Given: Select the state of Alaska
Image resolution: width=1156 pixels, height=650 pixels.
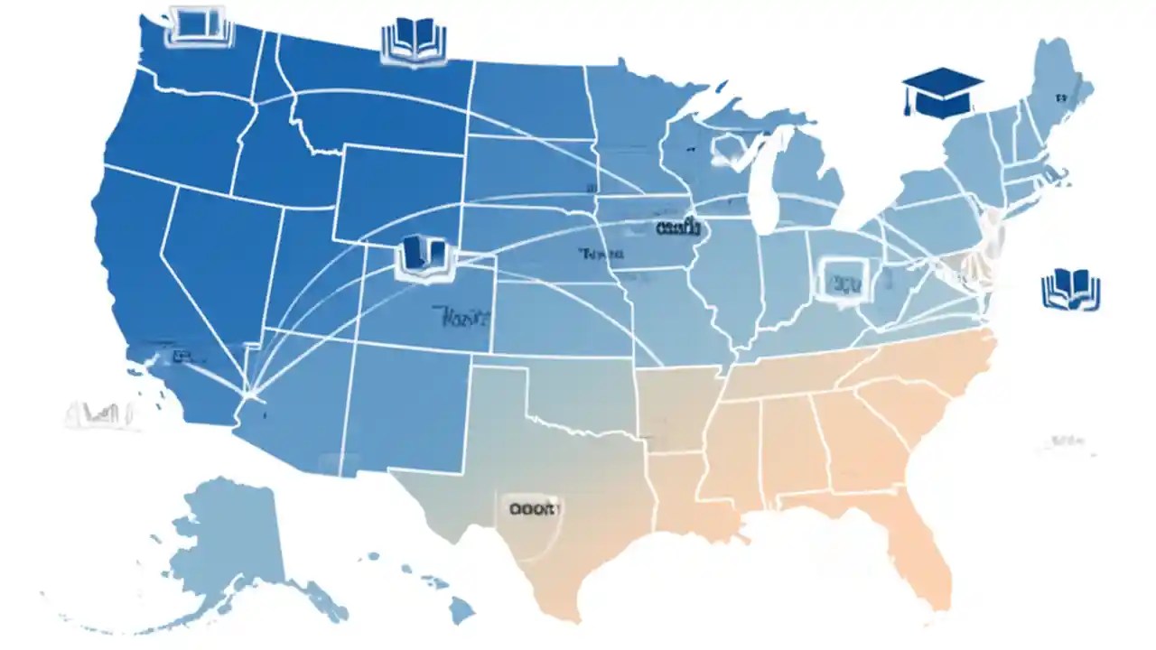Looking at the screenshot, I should click(x=226, y=542).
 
